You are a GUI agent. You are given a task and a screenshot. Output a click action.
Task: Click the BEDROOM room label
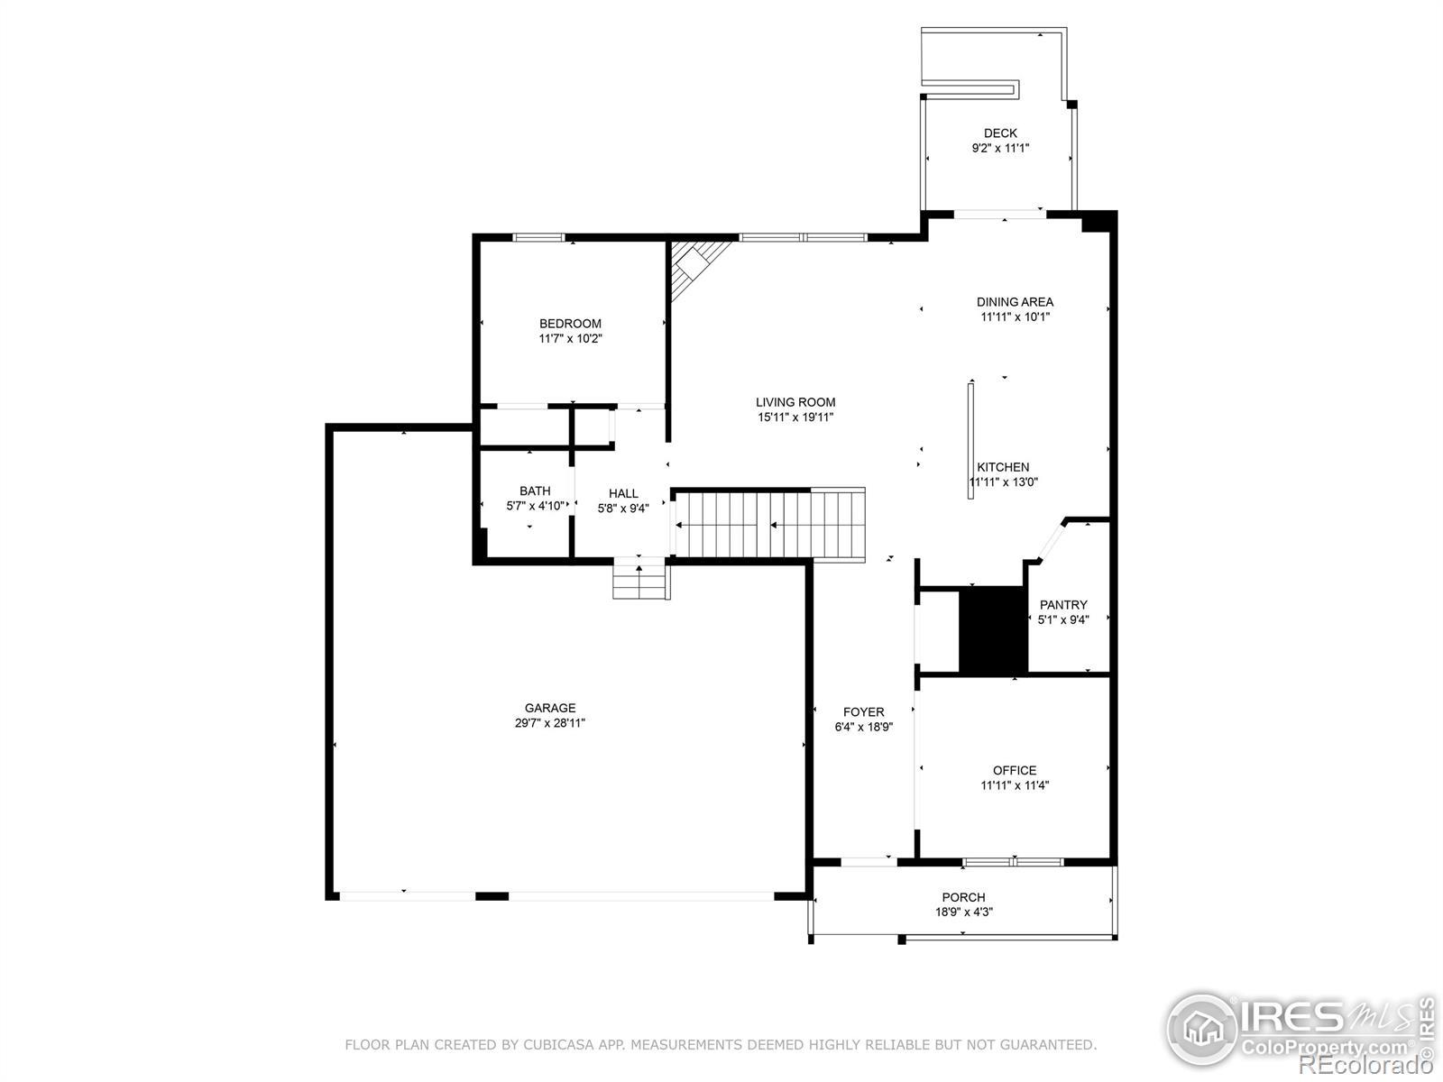[570, 323]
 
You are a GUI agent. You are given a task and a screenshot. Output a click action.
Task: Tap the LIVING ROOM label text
[795, 402]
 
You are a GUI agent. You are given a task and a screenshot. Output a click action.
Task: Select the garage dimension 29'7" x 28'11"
[549, 722]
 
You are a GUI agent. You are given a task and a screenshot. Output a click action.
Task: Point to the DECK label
[1000, 133]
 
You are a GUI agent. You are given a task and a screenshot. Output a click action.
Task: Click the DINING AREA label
[1015, 302]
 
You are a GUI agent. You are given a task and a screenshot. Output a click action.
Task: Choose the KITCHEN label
[1003, 467]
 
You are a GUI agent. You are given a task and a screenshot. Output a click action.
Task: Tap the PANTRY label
[1063, 604]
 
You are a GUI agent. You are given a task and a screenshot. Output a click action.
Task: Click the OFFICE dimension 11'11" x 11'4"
[1015, 785]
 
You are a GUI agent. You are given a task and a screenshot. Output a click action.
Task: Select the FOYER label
[864, 712]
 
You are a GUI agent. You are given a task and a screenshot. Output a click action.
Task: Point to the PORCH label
[964, 897]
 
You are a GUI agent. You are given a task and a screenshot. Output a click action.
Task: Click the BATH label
[535, 491]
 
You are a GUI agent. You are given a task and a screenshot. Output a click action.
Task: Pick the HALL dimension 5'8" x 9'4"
[623, 509]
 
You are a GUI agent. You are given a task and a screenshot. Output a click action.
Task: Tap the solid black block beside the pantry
[993, 630]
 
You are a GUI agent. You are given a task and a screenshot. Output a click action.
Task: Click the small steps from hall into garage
[641, 579]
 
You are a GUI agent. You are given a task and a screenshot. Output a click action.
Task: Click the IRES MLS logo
[1299, 1032]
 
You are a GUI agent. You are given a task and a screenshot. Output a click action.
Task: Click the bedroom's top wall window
[539, 237]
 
